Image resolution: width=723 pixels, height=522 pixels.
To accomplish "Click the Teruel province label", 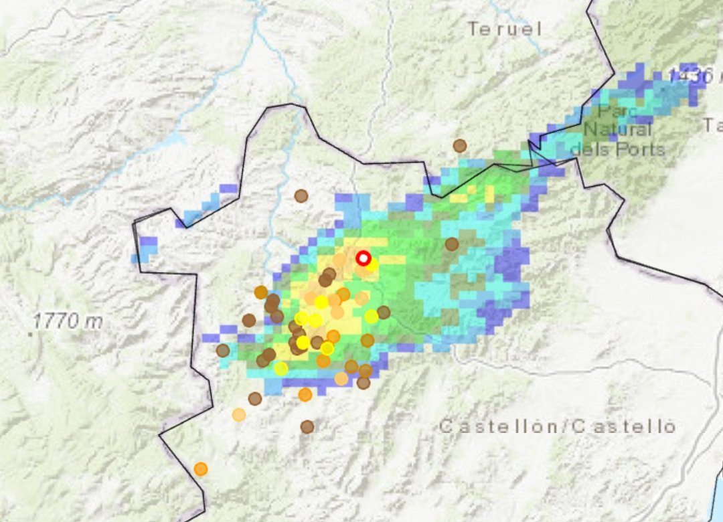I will pos(504,29).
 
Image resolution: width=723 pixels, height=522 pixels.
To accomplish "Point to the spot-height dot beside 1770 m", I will pos(31,331).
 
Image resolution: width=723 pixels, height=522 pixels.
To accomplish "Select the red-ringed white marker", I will pos(363,258).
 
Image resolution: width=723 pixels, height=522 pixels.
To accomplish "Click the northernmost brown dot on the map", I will pos(459,145).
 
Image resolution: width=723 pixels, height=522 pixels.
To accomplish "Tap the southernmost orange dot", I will pos(200,469).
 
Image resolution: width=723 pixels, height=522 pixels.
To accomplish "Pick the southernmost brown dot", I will pos(307,426).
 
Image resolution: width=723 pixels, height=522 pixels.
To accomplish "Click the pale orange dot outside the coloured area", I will pos(238,414).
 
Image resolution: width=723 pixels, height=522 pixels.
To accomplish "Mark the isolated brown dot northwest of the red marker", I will pos(301,195).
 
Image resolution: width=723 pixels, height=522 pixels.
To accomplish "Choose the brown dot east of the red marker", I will pos(452,244).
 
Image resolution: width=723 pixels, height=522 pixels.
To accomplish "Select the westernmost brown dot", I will pos(222,350).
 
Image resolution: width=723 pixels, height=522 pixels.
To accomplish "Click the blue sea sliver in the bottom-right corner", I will pos(717,495).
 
